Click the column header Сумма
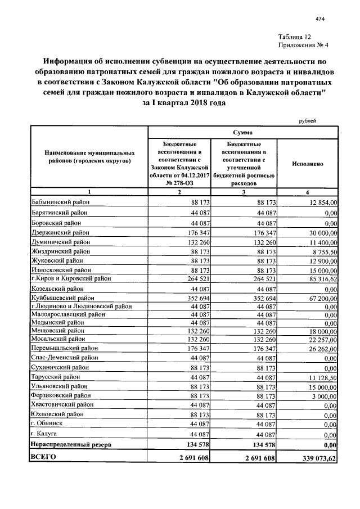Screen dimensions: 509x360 click(x=242, y=132)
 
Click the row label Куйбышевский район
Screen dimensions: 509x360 click(x=62, y=298)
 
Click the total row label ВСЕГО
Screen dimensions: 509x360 click(x=44, y=458)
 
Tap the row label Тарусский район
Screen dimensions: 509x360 click(x=57, y=376)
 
